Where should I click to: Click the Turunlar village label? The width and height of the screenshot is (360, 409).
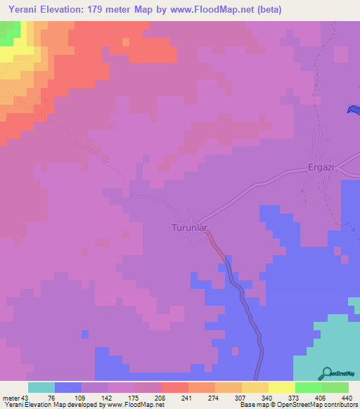[x=191, y=228]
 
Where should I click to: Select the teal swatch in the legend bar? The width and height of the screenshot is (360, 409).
[x=41, y=387]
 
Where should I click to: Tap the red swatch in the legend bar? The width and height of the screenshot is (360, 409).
[x=174, y=387]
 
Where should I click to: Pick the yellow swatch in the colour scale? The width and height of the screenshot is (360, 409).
[x=281, y=387]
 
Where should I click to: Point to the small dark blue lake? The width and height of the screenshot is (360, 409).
[x=354, y=109]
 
